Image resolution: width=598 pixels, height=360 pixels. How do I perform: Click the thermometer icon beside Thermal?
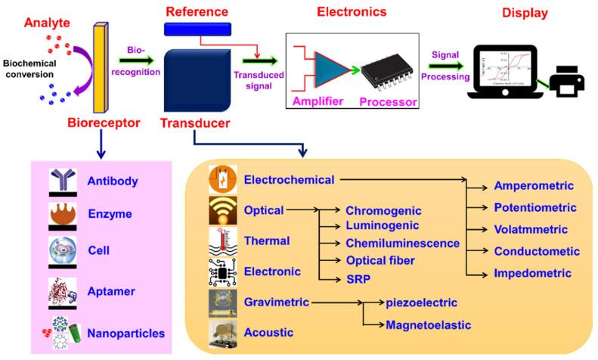(x=222, y=241)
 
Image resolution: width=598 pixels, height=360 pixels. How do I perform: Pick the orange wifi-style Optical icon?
(x=222, y=210)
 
